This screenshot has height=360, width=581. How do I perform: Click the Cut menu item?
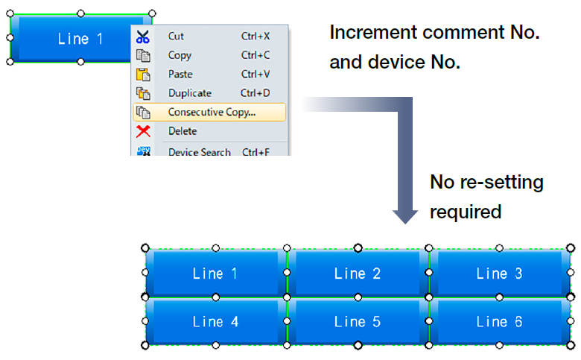pos(210,36)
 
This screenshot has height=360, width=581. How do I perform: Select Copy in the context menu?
pos(210,55)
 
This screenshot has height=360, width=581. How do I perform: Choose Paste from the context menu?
pos(210,74)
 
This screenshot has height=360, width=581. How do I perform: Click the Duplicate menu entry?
pos(210,93)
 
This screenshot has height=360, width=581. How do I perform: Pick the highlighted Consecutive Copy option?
pos(210,112)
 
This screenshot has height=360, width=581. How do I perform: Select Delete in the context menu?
pos(210,131)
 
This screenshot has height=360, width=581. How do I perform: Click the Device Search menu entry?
pos(210,151)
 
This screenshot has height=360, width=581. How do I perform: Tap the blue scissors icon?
pos(143,37)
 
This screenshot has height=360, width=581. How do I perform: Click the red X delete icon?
pos(143,131)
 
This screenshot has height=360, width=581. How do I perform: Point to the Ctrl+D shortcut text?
pos(255,92)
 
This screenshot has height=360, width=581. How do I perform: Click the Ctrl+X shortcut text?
pos(255,36)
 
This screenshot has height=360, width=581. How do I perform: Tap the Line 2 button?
pos(358,274)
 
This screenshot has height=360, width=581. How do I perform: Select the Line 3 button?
pos(500,274)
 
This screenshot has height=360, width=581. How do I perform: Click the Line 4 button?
pos(216,321)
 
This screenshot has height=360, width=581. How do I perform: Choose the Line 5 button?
pos(358,321)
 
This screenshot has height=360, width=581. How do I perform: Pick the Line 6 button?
pos(500,321)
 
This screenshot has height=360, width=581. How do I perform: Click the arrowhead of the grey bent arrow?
pos(405,216)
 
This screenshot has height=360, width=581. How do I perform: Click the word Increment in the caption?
pos(373,32)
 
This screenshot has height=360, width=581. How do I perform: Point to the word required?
pos(466,212)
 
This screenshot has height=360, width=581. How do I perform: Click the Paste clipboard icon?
pos(143,74)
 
